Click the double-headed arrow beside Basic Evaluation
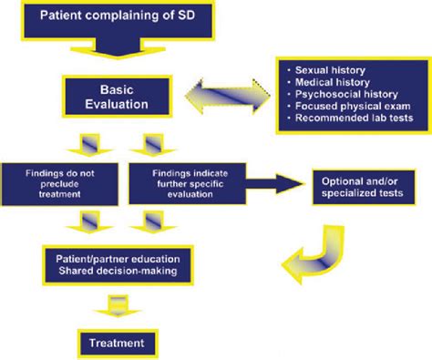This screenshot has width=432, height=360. click(224, 96)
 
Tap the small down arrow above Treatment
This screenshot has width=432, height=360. click(116, 304)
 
